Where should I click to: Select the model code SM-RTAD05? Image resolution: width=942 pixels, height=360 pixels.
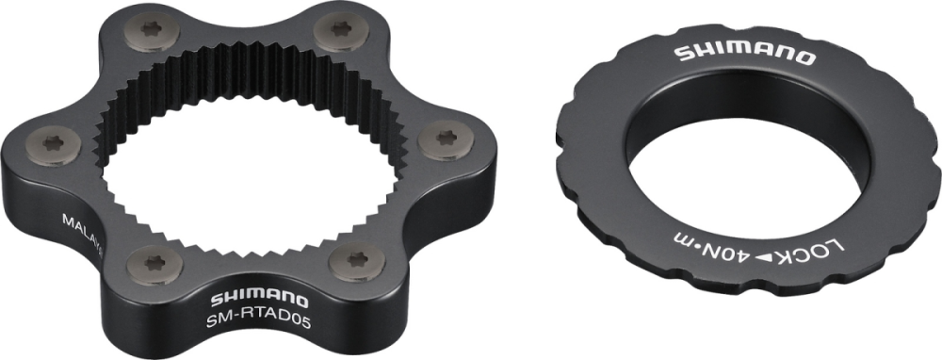[x=249, y=322]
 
